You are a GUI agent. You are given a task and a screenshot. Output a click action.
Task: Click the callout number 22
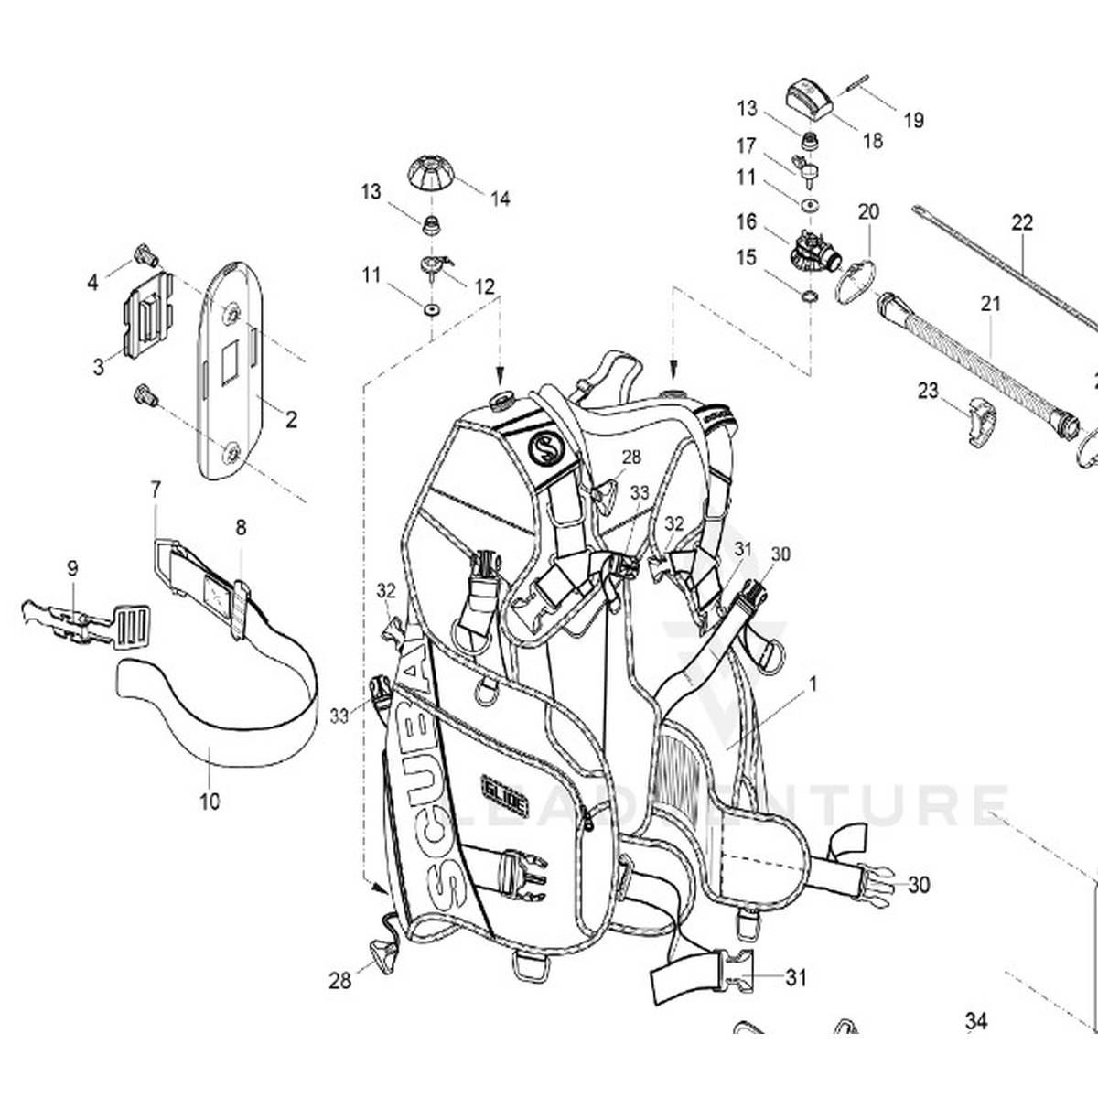coord(1022,222)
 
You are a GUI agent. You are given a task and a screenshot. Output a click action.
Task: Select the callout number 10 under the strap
coord(210,802)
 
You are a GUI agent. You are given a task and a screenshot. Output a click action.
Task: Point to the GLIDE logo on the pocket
coord(505,784)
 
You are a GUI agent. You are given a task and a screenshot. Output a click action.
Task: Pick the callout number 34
coord(977,1021)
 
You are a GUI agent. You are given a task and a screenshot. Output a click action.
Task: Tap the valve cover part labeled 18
coord(809,96)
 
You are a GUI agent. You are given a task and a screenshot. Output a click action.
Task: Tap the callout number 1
coord(813,683)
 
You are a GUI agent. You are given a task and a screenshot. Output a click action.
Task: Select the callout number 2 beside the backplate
coord(291,420)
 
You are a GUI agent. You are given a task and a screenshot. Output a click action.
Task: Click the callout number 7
coord(156,490)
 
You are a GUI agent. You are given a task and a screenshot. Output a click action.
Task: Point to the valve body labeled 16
coord(811,247)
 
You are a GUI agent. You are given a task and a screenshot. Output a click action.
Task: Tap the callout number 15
coord(746,257)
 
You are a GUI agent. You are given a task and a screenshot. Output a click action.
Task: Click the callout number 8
coord(241,527)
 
